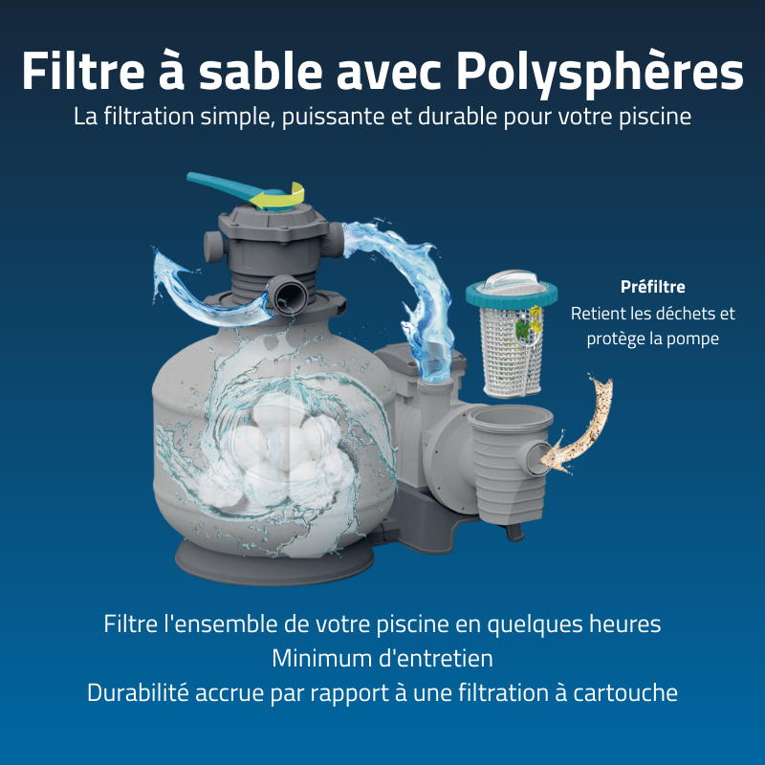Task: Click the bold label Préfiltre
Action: click(653, 286)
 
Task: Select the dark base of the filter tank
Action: click(258, 564)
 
